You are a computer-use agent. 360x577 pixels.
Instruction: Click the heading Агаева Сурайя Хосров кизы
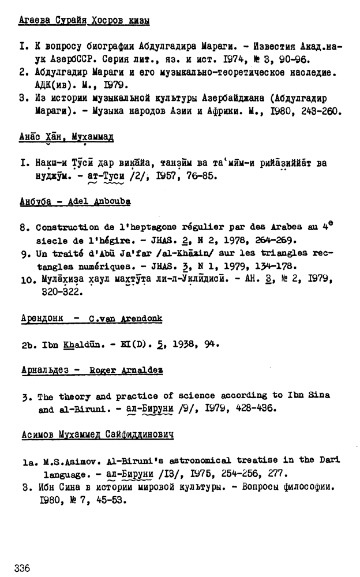click(84, 21)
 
